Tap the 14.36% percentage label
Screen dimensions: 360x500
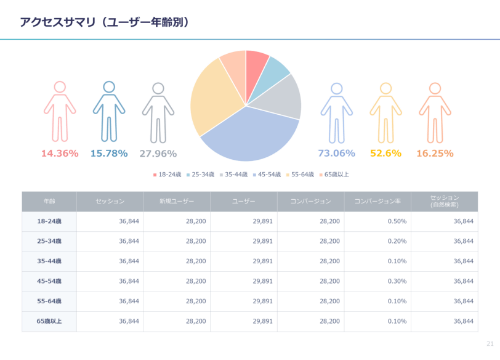click(x=60, y=154)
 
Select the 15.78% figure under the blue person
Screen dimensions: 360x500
click(x=109, y=154)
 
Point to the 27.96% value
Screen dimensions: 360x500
click(x=158, y=154)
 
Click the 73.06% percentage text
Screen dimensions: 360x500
click(x=336, y=154)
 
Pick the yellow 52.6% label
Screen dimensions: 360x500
click(x=385, y=154)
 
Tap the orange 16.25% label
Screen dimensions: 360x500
click(x=435, y=154)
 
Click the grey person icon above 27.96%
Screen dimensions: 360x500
click(x=158, y=111)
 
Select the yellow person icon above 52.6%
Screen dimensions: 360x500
click(x=385, y=111)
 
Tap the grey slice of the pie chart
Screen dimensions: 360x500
click(x=284, y=97)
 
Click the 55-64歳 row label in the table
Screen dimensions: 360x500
click(x=48, y=301)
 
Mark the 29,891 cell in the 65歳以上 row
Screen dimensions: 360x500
click(x=262, y=321)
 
